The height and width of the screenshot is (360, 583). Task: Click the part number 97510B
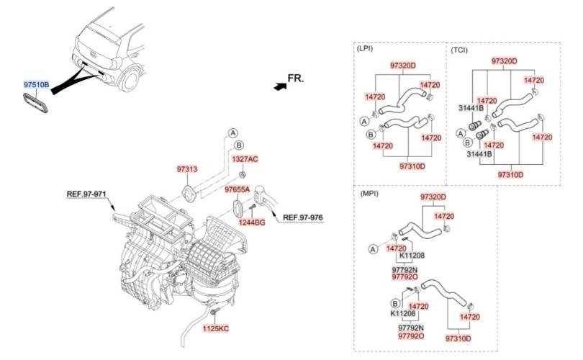(x=37, y=85)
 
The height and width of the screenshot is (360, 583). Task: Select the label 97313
(x=187, y=169)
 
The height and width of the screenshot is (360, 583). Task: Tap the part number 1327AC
(x=245, y=159)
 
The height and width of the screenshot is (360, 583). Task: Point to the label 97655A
(x=237, y=189)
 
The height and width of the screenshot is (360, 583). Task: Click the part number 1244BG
(x=252, y=222)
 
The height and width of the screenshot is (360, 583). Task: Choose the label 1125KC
(x=216, y=329)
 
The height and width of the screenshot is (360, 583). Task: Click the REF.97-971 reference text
(x=86, y=194)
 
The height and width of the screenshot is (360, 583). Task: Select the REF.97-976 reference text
(x=303, y=217)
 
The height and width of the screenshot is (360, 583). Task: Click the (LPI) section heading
(x=364, y=48)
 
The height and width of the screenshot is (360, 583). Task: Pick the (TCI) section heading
(x=459, y=50)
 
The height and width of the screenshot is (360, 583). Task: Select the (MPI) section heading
(x=369, y=194)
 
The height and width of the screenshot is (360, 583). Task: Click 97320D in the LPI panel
(x=403, y=66)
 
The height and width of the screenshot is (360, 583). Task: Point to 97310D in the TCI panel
(x=510, y=175)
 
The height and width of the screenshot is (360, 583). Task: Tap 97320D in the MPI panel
(x=433, y=197)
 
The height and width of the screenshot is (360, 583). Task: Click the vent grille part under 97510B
(x=36, y=104)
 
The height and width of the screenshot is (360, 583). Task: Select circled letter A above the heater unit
(x=232, y=133)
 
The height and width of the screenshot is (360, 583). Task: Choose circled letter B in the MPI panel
(x=395, y=304)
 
